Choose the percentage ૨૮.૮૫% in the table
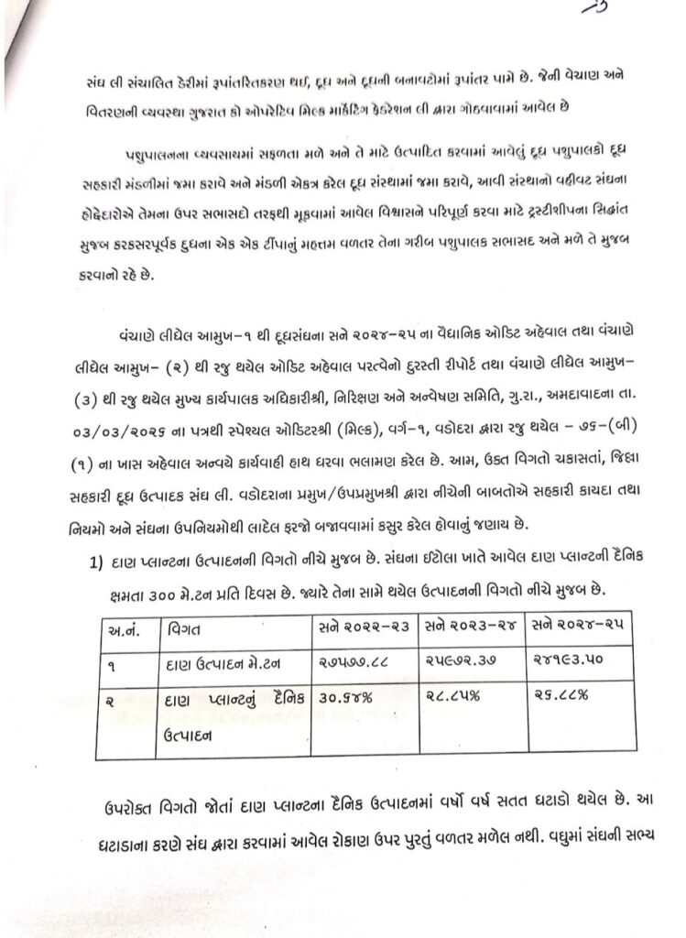(x=449, y=697)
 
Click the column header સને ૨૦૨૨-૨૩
(x=361, y=630)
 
